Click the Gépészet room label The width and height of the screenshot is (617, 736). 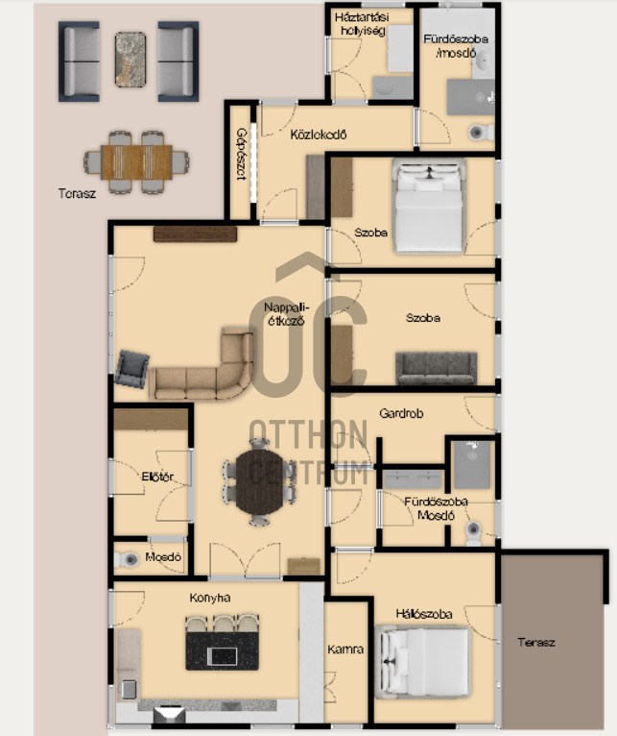(x=241, y=155)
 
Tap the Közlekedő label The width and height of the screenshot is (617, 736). (x=319, y=135)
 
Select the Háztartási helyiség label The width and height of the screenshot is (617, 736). (x=362, y=24)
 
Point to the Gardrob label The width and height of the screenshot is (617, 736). (x=401, y=413)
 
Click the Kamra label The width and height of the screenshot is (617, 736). (x=345, y=650)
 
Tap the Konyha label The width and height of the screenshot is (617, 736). (x=210, y=598)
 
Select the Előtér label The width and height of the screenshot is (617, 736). (x=157, y=477)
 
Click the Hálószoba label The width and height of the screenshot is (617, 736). (x=424, y=614)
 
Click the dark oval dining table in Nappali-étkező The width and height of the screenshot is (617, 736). (x=260, y=481)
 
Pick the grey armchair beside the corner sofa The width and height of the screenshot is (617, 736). (x=132, y=369)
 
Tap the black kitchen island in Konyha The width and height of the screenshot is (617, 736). (x=223, y=650)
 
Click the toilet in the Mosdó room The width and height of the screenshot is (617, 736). (x=127, y=559)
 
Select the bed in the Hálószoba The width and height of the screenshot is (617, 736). (x=423, y=662)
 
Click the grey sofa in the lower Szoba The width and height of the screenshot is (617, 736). (x=436, y=368)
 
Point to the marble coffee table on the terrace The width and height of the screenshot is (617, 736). (x=131, y=60)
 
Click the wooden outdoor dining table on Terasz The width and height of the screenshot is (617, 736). (x=136, y=162)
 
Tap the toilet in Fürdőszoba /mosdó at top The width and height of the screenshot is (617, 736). (x=481, y=133)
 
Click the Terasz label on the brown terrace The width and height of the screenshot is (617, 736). (x=536, y=642)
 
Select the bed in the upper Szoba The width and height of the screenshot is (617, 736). (x=429, y=207)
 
